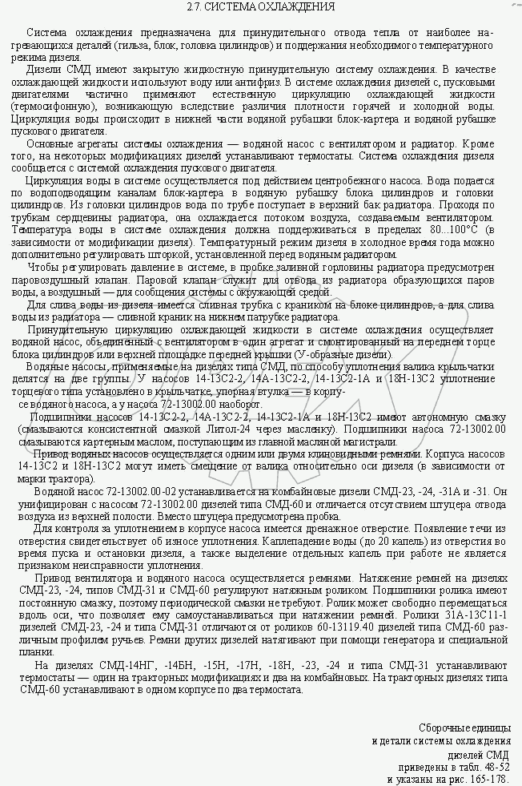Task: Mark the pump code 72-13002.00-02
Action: [x=124, y=491]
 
